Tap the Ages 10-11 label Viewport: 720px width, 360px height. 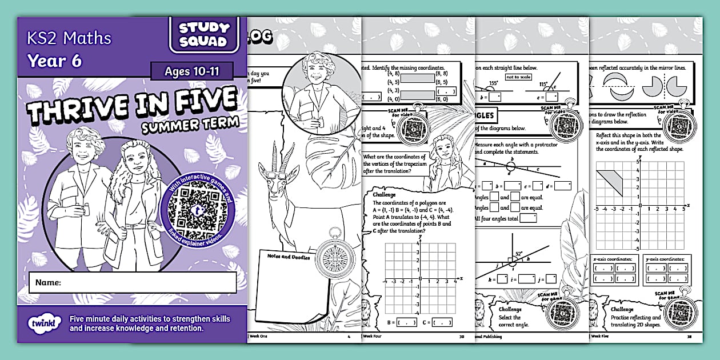(191, 71)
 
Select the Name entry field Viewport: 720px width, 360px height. (149, 282)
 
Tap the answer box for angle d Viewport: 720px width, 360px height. (562, 186)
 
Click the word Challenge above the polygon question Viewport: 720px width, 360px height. (384, 194)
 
